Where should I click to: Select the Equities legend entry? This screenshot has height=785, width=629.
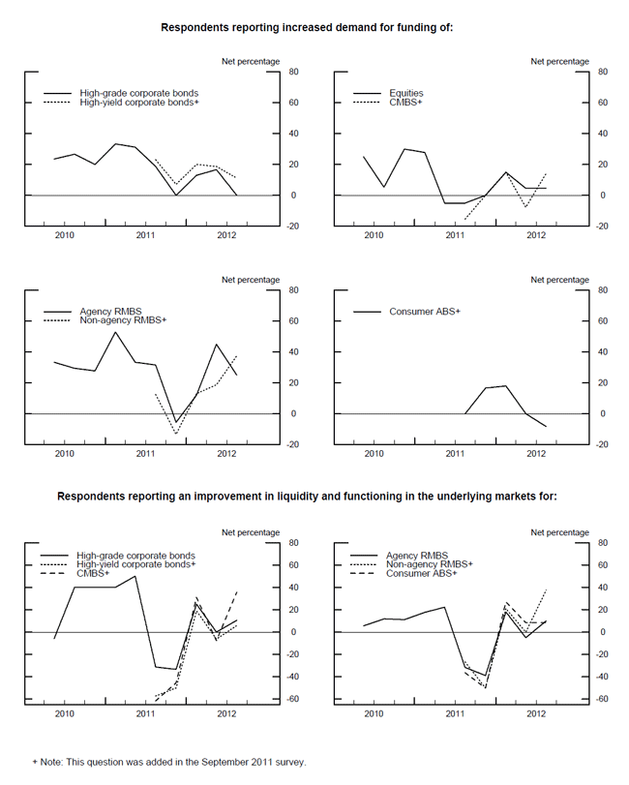[406, 94]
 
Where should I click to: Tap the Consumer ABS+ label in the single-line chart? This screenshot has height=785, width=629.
[425, 312]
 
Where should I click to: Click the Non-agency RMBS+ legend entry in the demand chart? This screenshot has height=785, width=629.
[121, 320]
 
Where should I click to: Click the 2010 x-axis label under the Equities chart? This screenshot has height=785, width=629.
[374, 235]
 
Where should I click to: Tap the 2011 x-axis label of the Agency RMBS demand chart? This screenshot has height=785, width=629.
[145, 453]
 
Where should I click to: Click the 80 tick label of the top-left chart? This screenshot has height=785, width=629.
[289, 72]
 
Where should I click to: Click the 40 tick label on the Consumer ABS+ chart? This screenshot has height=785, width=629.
[600, 351]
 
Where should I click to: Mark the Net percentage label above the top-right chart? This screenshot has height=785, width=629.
[559, 61]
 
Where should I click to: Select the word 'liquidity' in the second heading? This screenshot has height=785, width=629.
[325, 497]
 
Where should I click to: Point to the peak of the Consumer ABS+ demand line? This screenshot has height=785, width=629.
[505, 386]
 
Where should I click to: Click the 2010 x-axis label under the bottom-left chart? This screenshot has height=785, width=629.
[64, 713]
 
